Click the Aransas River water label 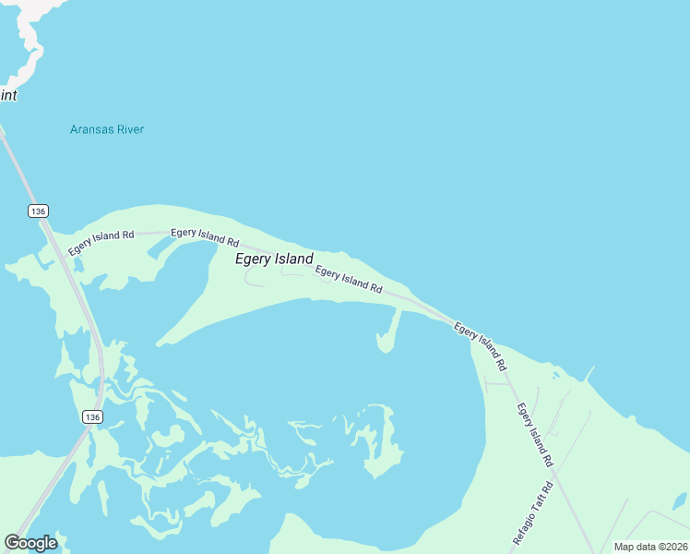[x=107, y=129]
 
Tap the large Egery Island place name [x=274, y=259]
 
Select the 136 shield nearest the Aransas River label [x=37, y=211]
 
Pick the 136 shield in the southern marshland [x=90, y=417]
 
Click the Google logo [x=30, y=543]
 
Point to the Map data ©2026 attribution [x=649, y=547]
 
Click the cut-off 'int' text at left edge [x=8, y=95]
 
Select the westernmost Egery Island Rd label [x=101, y=235]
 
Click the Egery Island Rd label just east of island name [x=349, y=279]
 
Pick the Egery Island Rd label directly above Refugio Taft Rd [x=534, y=434]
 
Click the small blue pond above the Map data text [x=680, y=501]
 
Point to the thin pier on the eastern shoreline [x=588, y=373]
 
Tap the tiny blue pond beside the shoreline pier [x=554, y=375]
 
